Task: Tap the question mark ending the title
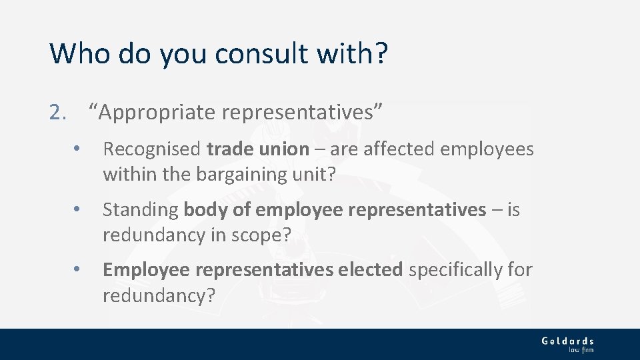coord(380,53)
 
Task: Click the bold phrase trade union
coord(258,149)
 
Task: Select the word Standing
coord(140,210)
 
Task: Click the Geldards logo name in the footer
coord(567,341)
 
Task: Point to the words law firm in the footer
coord(581,349)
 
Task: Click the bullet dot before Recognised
coord(78,149)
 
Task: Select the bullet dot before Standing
coord(78,210)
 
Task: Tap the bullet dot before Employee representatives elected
coord(78,270)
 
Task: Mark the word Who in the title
coord(74,53)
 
